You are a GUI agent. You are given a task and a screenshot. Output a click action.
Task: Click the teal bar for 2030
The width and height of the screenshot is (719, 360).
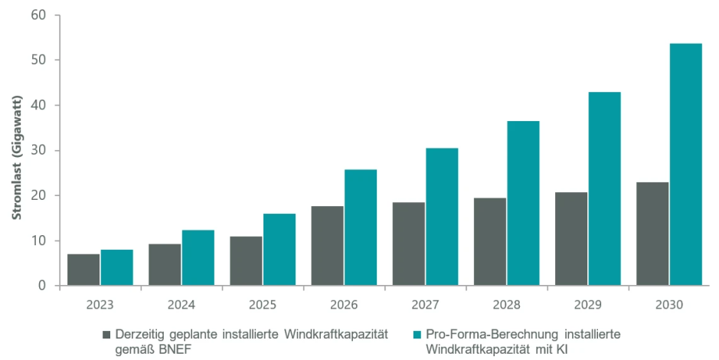685,165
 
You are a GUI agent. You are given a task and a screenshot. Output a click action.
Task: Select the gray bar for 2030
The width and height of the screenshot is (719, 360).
652,234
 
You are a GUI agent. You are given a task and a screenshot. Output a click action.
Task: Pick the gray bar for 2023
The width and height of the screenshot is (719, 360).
83,270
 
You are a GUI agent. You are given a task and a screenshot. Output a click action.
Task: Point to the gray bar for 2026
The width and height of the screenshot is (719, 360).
327,246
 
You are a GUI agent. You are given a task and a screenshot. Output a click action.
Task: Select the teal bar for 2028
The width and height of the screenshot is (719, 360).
523,203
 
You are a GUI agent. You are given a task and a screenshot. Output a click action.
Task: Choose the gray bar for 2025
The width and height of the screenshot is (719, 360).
246,261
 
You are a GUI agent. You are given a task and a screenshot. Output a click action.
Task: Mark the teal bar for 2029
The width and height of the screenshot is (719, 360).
604,188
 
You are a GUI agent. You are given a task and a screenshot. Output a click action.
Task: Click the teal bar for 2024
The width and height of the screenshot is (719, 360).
198,257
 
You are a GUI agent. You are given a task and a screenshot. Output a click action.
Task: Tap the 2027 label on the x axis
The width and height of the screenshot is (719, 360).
425,304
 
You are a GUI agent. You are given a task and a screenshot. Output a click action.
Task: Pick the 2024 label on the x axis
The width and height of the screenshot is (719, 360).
181,304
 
